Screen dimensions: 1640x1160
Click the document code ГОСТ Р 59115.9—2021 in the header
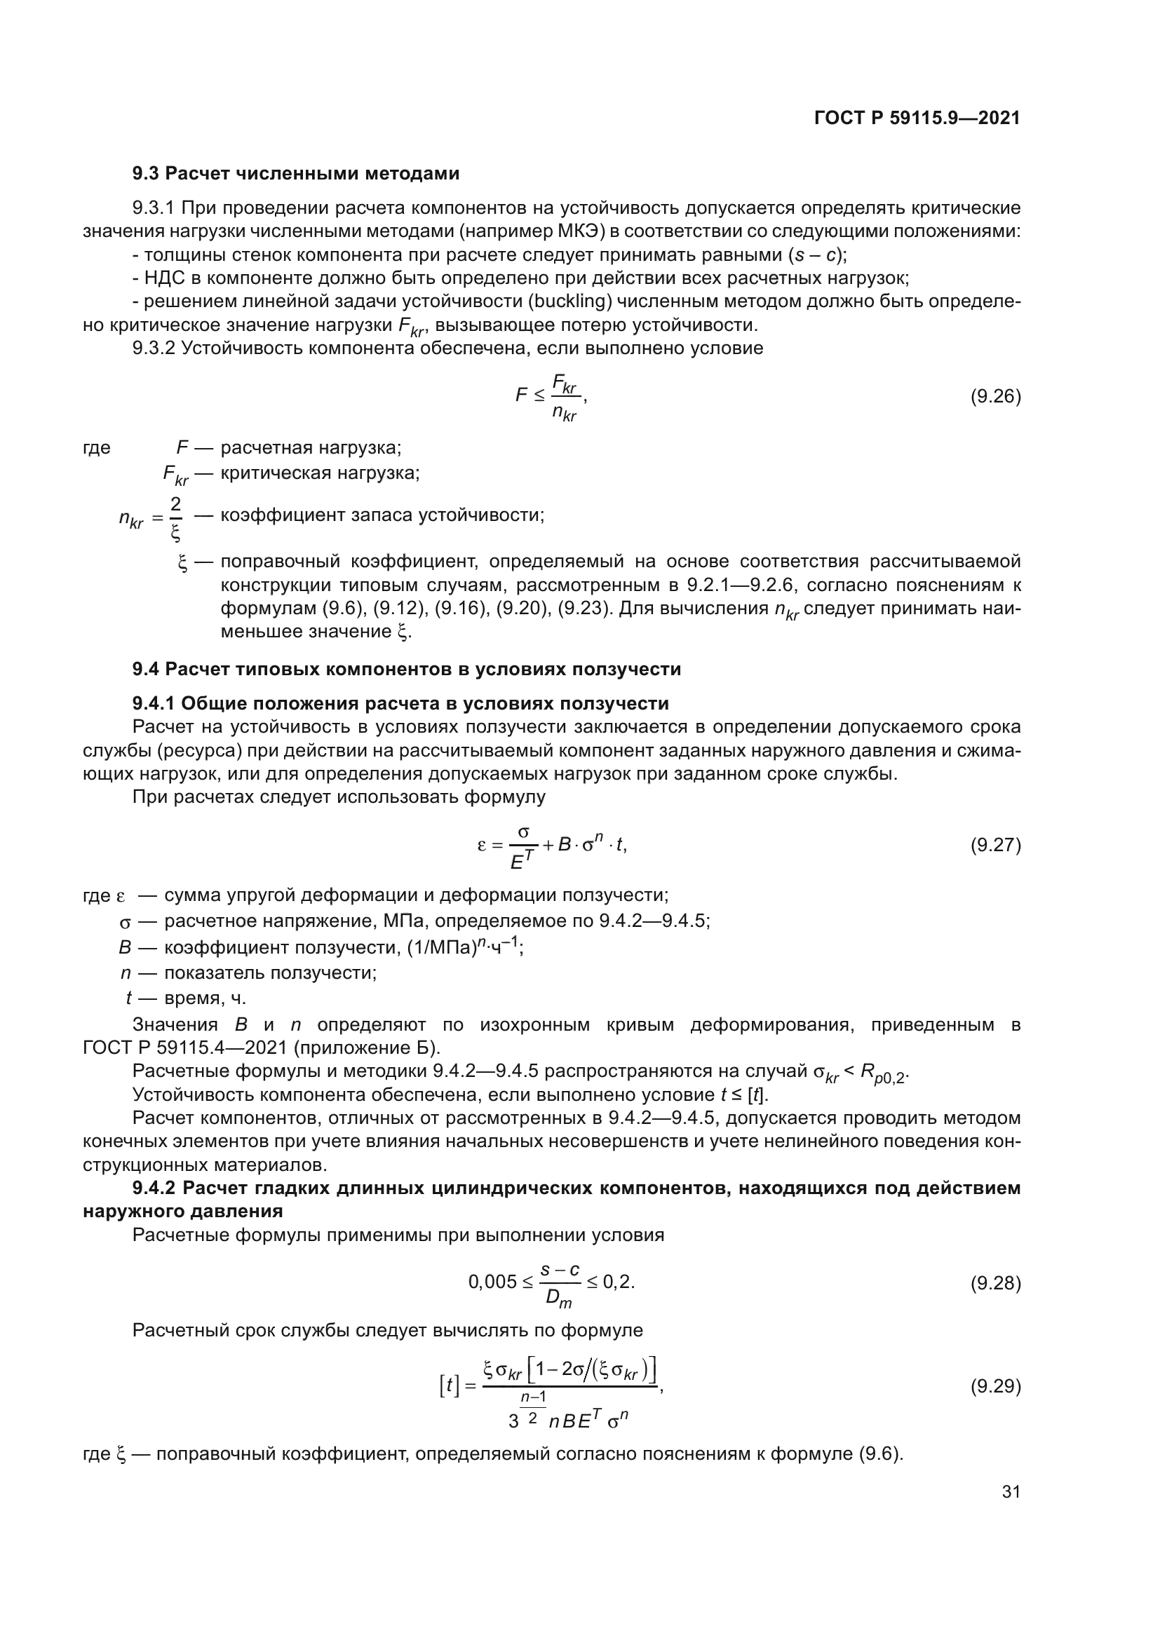click(917, 118)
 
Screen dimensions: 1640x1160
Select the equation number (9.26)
click(995, 396)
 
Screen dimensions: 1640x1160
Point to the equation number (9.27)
click(995, 845)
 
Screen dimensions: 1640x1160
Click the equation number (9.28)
click(995, 1284)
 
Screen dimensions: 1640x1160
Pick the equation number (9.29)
click(995, 1386)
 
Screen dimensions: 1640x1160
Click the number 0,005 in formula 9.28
click(492, 1283)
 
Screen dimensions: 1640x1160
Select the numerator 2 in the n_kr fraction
click(175, 503)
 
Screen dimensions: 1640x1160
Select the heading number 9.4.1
click(154, 703)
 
